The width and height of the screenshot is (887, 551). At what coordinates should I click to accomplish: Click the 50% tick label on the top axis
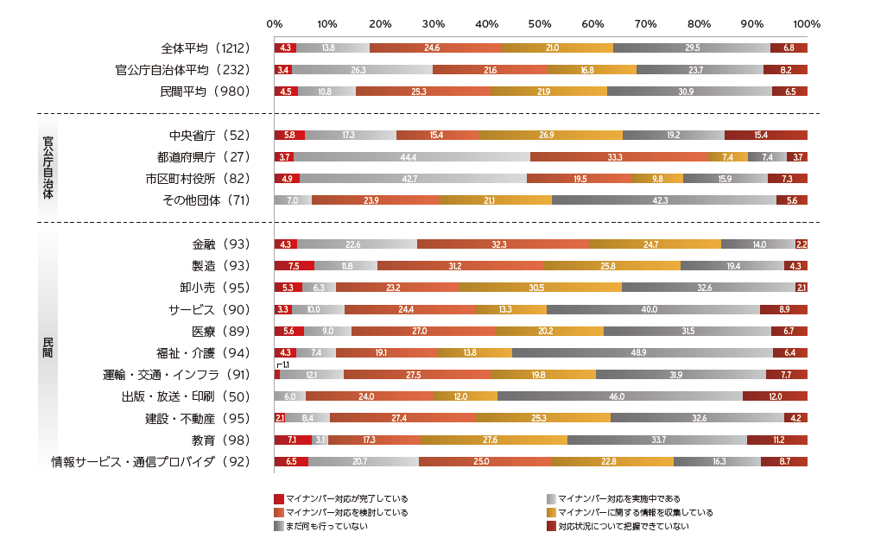click(x=540, y=24)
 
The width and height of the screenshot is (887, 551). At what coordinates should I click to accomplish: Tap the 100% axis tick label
click(x=806, y=24)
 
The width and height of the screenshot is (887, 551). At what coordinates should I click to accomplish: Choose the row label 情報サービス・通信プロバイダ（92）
click(x=150, y=461)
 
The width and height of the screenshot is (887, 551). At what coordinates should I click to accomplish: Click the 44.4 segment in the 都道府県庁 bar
click(x=411, y=157)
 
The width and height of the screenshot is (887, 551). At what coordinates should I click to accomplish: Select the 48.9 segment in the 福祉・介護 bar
click(x=642, y=352)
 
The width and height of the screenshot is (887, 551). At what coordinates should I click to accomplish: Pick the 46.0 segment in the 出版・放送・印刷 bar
click(x=619, y=396)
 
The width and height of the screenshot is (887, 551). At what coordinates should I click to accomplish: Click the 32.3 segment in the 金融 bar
click(x=502, y=244)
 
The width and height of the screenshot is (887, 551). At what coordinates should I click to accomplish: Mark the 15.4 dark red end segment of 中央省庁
click(x=765, y=135)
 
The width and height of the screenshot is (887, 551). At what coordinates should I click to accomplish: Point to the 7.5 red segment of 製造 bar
click(x=294, y=266)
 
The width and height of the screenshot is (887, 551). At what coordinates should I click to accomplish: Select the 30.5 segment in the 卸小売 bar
click(x=540, y=288)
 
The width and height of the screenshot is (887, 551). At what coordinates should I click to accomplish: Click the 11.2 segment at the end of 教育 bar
click(x=777, y=440)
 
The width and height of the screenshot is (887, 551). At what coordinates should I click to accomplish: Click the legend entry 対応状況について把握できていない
click(x=622, y=526)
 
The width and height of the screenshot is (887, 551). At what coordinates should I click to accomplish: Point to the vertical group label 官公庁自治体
click(x=48, y=168)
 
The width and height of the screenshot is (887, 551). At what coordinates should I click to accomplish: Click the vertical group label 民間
click(x=48, y=352)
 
